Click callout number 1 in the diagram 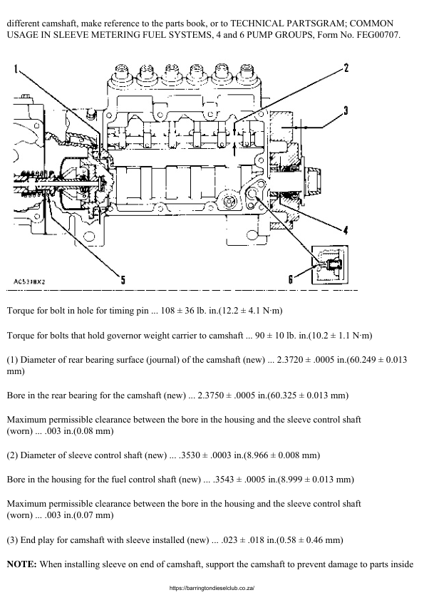click(16, 69)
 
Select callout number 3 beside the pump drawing click(344, 110)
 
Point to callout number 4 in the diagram click(344, 229)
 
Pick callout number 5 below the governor click(123, 280)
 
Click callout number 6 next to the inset click(291, 280)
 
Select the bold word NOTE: click(21, 564)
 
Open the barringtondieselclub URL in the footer click(212, 589)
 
